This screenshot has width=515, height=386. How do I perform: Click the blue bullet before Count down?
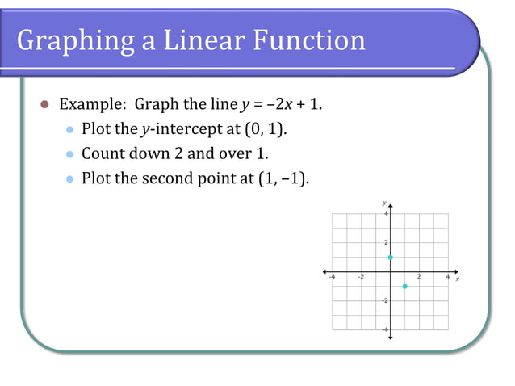[x=69, y=153]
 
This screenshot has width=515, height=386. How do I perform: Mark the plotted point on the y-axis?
[x=390, y=257]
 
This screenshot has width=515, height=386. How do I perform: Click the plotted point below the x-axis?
[x=404, y=287]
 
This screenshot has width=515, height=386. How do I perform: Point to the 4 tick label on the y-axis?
[x=386, y=213]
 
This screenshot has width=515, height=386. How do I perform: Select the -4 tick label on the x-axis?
[x=332, y=277]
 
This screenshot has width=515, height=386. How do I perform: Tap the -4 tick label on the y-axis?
[x=384, y=329]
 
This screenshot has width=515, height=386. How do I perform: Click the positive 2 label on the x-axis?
[x=419, y=277]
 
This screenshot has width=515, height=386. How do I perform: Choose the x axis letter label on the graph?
[x=458, y=279]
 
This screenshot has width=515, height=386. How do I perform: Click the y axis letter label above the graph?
[x=384, y=202]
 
